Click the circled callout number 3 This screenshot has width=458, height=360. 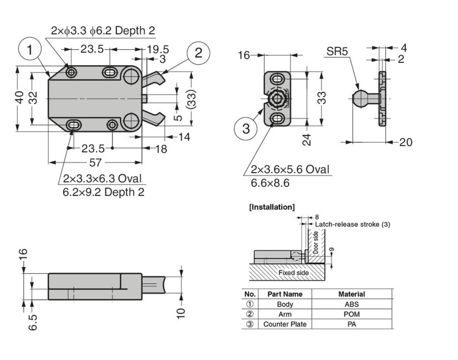point(246,129)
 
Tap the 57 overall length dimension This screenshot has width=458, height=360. point(95,162)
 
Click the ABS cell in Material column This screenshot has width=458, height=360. point(352,304)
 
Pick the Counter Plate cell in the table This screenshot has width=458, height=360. point(285,324)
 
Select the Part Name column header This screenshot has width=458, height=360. point(285,294)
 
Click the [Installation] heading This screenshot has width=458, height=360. point(271,207)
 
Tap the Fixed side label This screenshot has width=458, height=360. point(294,273)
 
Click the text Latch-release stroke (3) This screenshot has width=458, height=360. point(352,224)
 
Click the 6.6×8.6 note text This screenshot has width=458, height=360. point(270,183)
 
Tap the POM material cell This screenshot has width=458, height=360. point(352,314)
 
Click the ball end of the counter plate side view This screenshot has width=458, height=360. point(359,98)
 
